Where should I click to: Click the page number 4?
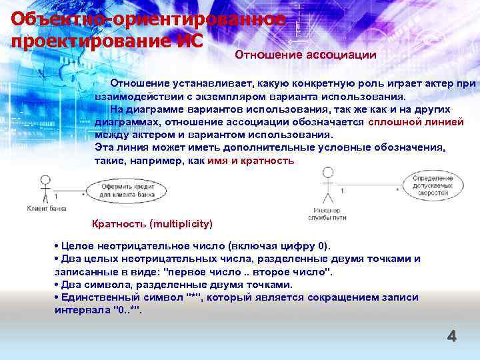(451, 337)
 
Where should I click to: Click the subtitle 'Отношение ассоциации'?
(305, 55)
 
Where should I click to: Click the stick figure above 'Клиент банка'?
(45, 188)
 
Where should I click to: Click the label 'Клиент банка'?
(45, 208)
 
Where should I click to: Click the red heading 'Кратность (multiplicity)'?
(151, 223)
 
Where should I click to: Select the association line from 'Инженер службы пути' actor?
(367, 186)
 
